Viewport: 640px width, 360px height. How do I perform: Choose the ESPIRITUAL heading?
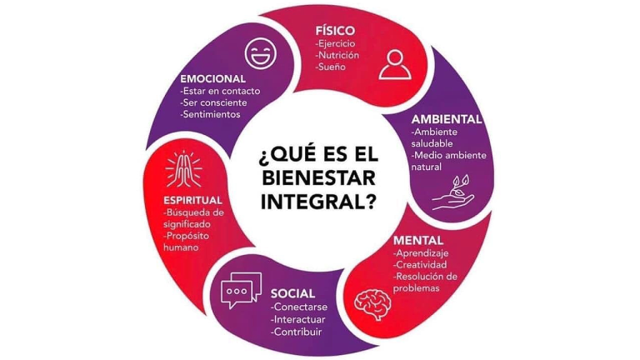click(192, 200)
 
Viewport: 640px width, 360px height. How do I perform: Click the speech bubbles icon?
click(241, 290)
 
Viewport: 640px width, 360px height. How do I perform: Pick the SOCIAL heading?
click(292, 293)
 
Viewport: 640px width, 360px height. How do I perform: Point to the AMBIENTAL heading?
click(447, 118)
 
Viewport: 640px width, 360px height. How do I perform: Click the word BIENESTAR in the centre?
click(320, 178)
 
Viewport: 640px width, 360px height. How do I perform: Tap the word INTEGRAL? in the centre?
click(320, 201)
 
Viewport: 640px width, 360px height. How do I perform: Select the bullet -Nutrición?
click(337, 55)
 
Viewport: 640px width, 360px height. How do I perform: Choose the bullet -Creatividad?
click(422, 264)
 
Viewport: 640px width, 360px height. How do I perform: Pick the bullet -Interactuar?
click(298, 319)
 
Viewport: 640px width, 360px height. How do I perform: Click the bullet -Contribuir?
click(296, 332)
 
